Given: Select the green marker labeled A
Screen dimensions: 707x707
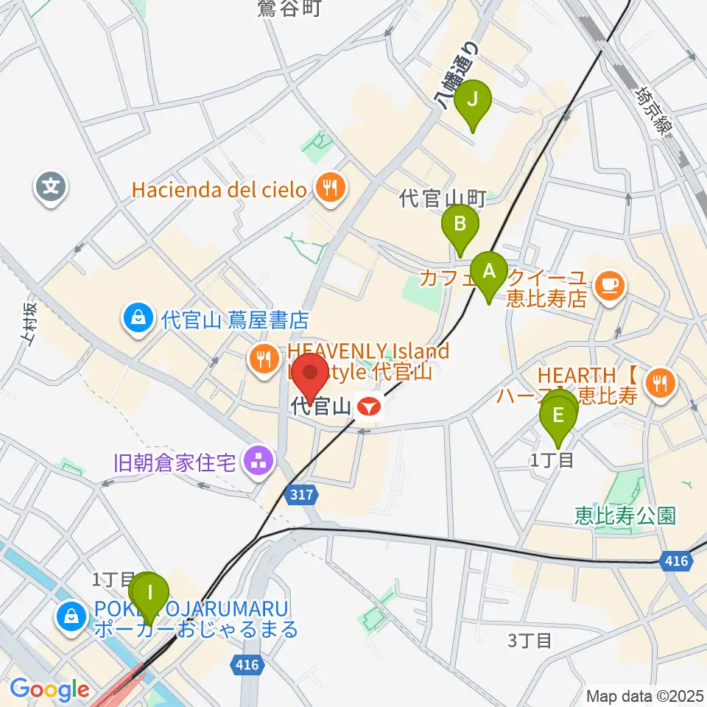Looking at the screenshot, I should click(488, 272).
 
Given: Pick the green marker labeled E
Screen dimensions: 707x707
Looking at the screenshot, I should click(558, 416).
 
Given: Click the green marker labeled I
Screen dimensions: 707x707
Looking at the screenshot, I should click(150, 593).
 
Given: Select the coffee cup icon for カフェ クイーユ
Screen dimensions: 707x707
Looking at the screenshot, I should click(608, 283).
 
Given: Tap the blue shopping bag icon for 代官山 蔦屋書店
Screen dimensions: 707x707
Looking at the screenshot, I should click(138, 320).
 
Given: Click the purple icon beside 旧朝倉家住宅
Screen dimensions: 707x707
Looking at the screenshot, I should click(258, 463).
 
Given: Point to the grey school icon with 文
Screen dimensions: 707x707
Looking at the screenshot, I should click(51, 186).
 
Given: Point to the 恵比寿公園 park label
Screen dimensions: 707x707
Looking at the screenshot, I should click(625, 516).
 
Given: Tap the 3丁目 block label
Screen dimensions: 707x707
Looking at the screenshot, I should click(530, 640).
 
